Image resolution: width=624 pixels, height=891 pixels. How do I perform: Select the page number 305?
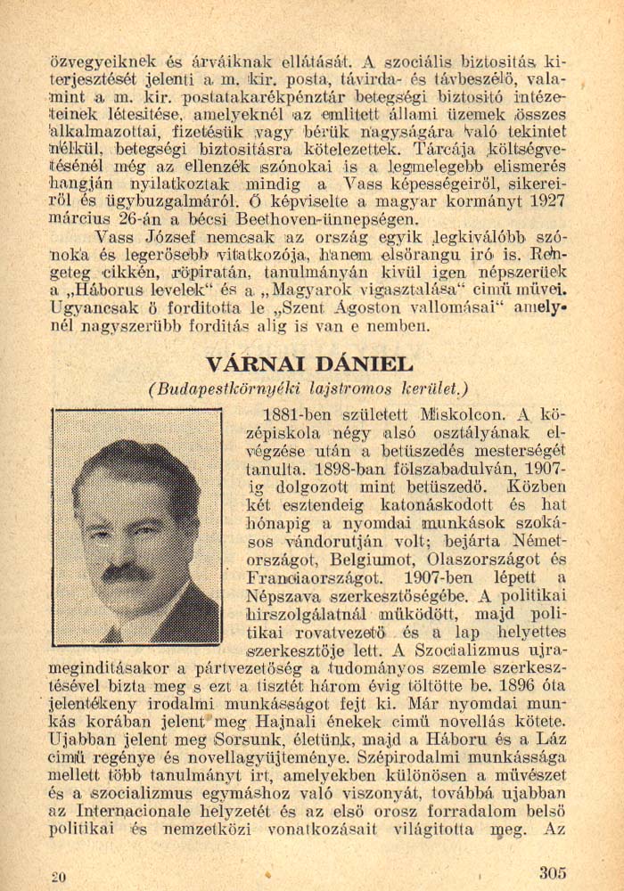553,872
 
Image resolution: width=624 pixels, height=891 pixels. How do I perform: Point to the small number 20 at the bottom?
59,877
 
